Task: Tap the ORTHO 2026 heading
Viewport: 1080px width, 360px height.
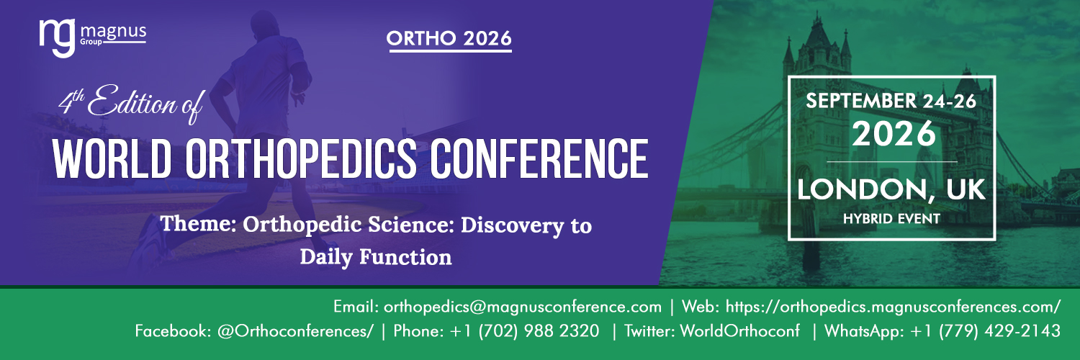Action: pos(449,40)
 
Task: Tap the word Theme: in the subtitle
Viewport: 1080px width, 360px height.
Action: pos(199,225)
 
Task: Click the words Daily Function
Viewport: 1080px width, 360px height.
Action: pos(376,256)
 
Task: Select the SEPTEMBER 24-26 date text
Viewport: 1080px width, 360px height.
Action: pos(891,102)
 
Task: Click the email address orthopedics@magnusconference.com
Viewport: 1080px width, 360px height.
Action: pos(523,307)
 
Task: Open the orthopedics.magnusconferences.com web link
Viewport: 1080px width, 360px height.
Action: pos(893,307)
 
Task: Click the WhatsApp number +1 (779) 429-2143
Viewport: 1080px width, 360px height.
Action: pos(986,332)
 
